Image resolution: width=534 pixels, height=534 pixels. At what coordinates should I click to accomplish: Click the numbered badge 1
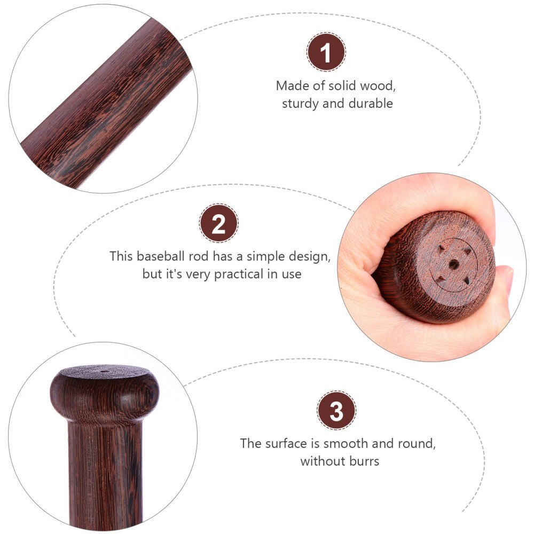pyautogui.click(x=326, y=52)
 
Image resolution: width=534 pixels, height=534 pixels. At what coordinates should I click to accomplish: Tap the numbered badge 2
pyautogui.click(x=218, y=223)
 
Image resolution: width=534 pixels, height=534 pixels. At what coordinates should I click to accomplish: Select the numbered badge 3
pyautogui.click(x=336, y=410)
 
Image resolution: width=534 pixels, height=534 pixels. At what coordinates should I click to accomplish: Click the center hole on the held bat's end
pyautogui.click(x=453, y=264)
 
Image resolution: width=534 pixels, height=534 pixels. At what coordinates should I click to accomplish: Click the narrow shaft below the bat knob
pyautogui.click(x=105, y=473)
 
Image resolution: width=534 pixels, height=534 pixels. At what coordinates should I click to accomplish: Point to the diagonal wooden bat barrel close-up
pyautogui.click(x=106, y=102)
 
